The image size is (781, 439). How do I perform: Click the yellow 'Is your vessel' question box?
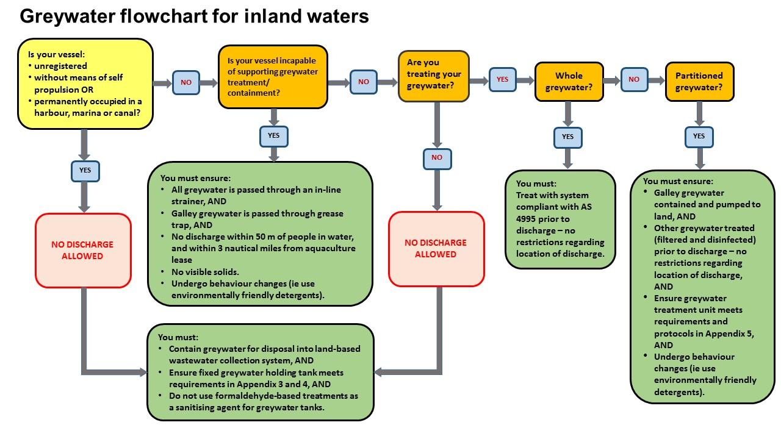pyautogui.click(x=85, y=84)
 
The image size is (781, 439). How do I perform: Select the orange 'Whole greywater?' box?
pyautogui.click(x=569, y=82)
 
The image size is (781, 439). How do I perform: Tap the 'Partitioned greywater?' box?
pyautogui.click(x=699, y=82)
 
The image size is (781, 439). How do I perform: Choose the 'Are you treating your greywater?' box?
pyautogui.click(x=434, y=76)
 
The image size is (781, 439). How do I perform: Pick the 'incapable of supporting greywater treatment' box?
pyautogui.click(x=273, y=77)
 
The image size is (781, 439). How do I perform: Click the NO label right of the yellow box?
pyautogui.click(x=186, y=82)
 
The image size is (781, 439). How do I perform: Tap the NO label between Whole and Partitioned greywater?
pyautogui.click(x=634, y=79)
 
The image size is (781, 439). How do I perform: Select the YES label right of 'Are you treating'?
pyautogui.click(x=502, y=79)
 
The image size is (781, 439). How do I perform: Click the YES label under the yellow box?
pyautogui.click(x=85, y=171)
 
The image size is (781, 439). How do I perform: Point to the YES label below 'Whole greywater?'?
pyautogui.click(x=567, y=137)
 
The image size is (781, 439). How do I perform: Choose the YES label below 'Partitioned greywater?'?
pyautogui.click(x=699, y=136)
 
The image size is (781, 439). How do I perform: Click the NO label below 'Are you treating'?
pyautogui.click(x=437, y=157)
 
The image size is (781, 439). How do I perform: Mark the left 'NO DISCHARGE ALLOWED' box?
pyautogui.click(x=83, y=251)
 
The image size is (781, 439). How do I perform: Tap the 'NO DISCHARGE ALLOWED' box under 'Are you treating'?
pyautogui.click(x=436, y=249)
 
